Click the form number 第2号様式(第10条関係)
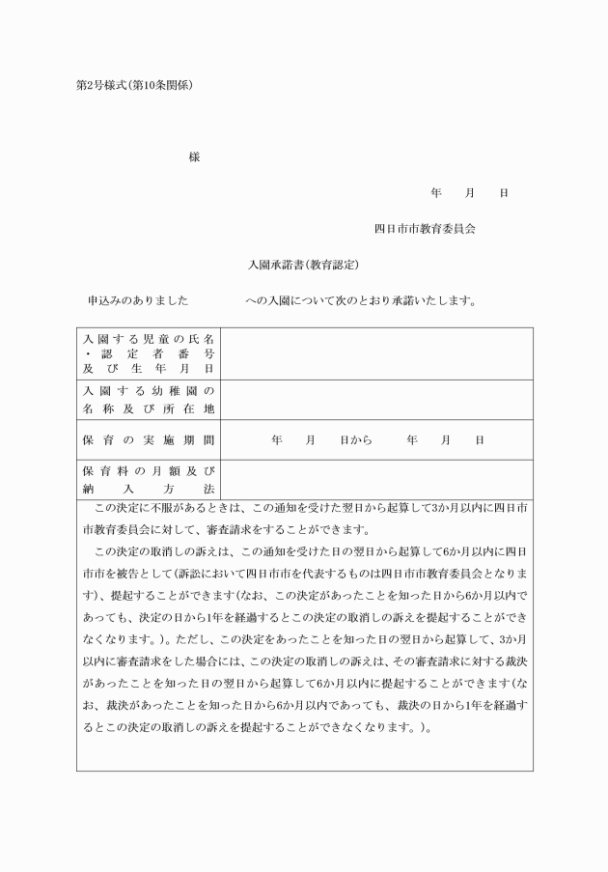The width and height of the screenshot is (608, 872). (x=134, y=85)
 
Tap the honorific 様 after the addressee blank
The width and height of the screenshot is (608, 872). (x=195, y=157)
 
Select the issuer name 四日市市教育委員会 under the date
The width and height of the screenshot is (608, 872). (x=425, y=229)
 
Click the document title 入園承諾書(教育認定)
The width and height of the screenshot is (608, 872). (x=304, y=265)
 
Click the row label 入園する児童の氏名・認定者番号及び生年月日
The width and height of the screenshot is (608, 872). (x=149, y=354)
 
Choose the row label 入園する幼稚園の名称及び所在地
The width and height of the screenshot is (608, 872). (x=149, y=400)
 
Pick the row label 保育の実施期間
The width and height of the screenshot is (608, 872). (x=149, y=440)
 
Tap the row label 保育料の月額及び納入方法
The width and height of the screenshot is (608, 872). (x=149, y=480)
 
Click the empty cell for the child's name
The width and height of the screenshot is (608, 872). (x=376, y=354)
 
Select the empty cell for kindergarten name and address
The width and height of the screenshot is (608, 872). (x=376, y=400)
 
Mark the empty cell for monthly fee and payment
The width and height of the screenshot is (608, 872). (x=376, y=480)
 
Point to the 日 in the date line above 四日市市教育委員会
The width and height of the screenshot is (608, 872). (x=504, y=193)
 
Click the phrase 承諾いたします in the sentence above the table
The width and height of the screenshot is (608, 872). (x=441, y=300)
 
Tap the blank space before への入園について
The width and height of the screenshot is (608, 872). (x=217, y=300)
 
